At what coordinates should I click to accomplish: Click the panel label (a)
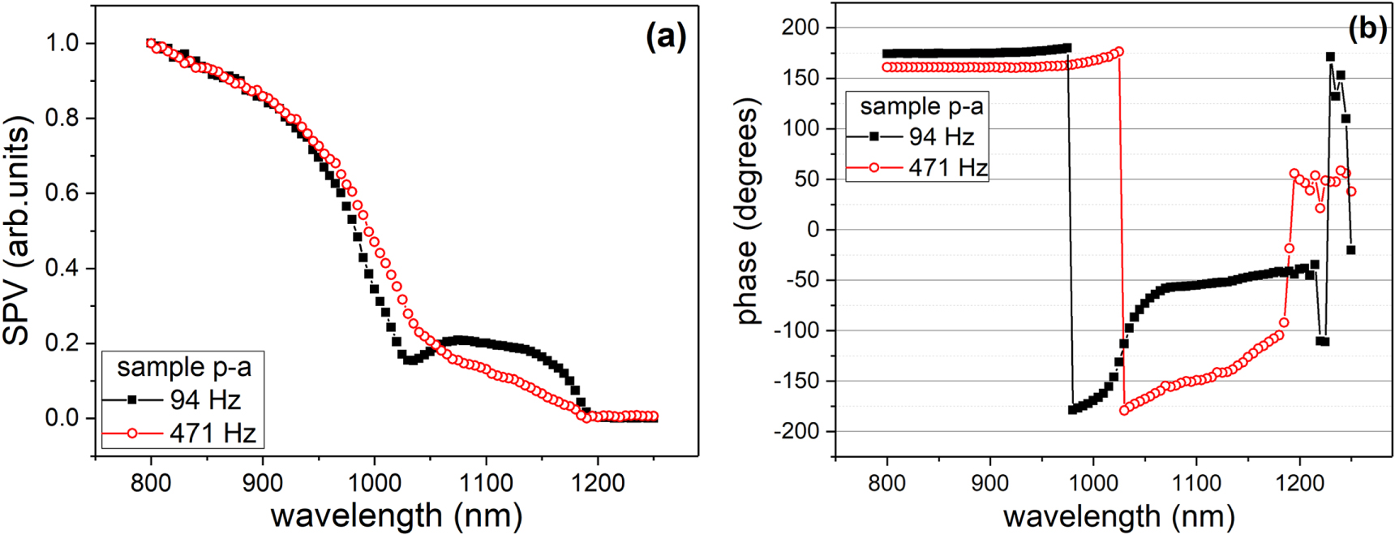(x=666, y=37)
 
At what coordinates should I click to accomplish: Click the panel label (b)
(x=1367, y=28)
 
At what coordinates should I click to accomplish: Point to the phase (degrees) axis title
(x=747, y=211)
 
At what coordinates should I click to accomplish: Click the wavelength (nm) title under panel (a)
(x=396, y=515)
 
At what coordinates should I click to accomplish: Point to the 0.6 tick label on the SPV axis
(x=63, y=193)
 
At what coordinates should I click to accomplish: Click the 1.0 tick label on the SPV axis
(x=63, y=43)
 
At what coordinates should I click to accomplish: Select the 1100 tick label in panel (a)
(x=486, y=482)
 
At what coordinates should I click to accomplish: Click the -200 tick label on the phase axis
(x=796, y=431)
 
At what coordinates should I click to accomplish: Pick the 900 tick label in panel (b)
(x=989, y=482)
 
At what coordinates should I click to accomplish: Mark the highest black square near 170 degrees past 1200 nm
(x=1330, y=57)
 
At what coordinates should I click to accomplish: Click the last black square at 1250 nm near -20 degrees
(x=1350, y=250)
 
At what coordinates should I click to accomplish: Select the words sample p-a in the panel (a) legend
(x=184, y=367)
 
